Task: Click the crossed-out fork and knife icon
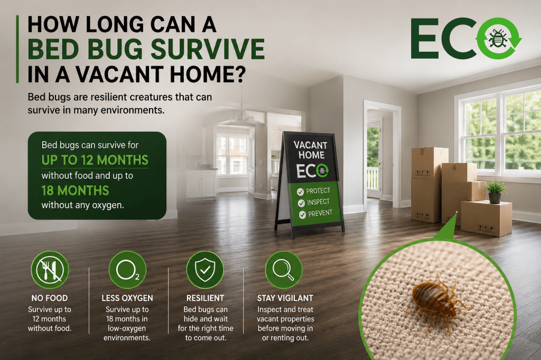point(50,270)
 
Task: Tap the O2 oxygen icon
point(127,270)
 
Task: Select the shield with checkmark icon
point(205,270)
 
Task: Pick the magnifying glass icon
point(284,270)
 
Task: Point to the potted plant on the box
point(495,192)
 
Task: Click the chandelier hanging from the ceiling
point(242,116)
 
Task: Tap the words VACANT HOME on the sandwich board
point(310,150)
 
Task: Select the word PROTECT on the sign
point(318,191)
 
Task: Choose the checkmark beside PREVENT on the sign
point(302,215)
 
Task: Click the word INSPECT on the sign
point(319,202)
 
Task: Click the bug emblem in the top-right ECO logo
point(497,39)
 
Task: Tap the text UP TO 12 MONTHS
point(95,160)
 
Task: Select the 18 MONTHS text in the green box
point(75,191)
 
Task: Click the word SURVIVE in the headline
point(208,49)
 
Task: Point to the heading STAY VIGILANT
point(285,298)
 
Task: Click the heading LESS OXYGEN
point(127,298)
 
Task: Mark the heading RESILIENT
point(206,298)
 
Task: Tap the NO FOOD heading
point(50,298)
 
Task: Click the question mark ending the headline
point(239,74)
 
